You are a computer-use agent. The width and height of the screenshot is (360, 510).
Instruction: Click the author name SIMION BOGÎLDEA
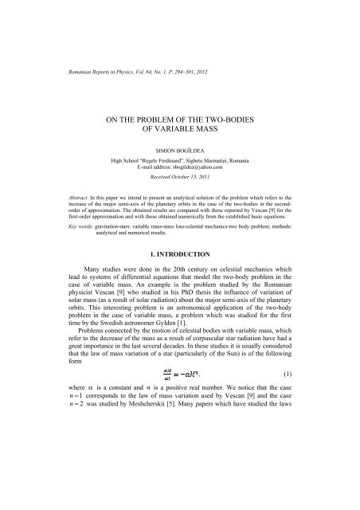click(x=179, y=148)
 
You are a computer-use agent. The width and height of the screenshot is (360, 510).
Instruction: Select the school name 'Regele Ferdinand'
click(x=174, y=159)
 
